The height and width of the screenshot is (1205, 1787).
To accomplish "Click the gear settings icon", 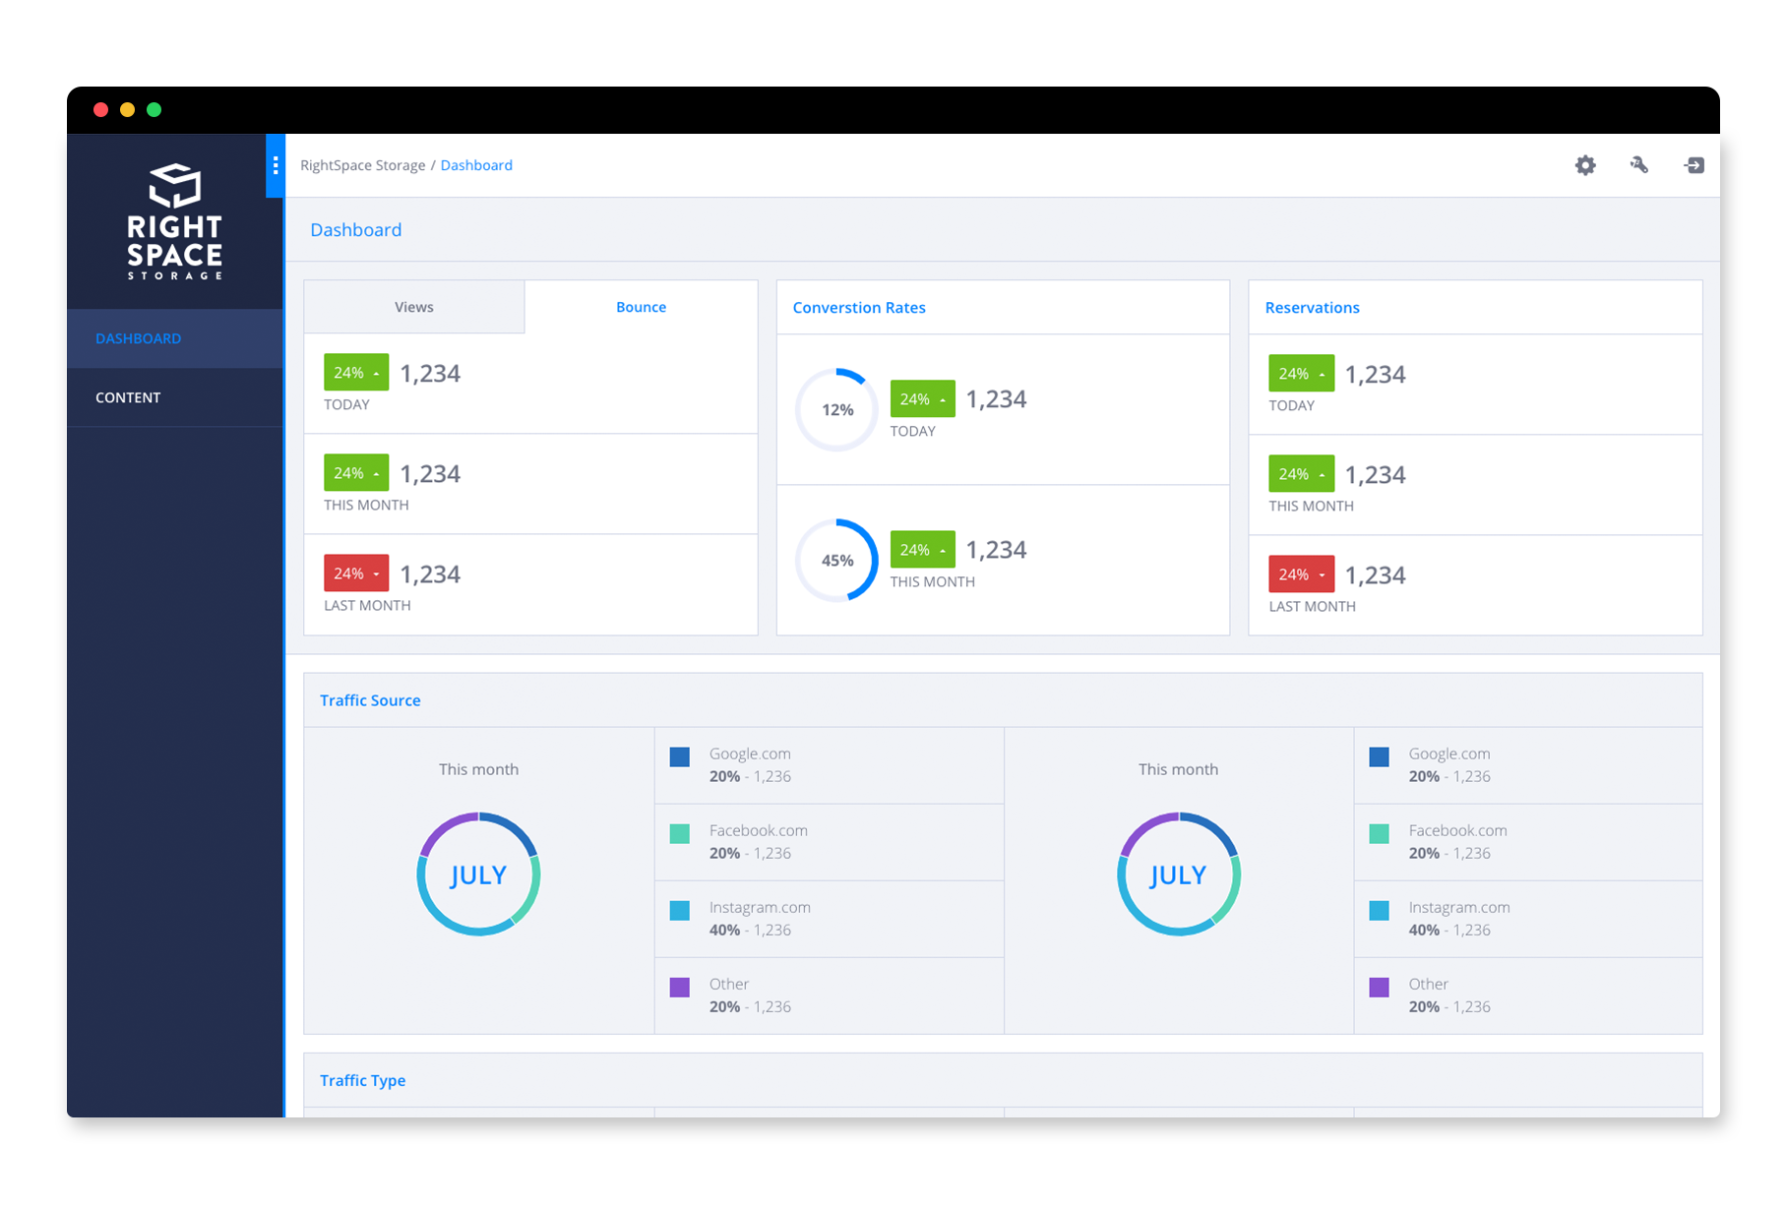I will [x=1584, y=165].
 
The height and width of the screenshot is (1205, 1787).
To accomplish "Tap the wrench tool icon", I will [x=1638, y=165].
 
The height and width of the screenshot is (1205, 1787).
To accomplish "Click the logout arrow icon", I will [x=1694, y=165].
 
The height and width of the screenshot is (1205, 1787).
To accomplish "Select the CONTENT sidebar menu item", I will [x=128, y=397].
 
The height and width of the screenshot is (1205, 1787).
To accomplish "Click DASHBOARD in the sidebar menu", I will [x=138, y=338].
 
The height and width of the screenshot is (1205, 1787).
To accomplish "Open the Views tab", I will [x=413, y=307].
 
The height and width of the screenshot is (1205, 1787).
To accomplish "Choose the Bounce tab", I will [x=641, y=307].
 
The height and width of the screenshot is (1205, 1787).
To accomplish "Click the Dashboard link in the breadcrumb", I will [x=476, y=165].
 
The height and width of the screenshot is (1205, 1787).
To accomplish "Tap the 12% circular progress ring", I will [x=836, y=409].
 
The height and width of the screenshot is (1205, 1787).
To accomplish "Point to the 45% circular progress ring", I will [x=836, y=560].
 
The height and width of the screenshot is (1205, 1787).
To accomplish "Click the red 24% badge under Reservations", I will [x=1301, y=574].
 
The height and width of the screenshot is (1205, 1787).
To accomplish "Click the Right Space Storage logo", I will [x=175, y=221].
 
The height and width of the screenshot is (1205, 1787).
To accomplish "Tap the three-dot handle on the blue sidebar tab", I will [x=276, y=165].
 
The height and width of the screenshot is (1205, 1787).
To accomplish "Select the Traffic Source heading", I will [x=370, y=700].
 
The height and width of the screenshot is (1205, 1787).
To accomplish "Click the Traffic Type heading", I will [x=362, y=1080].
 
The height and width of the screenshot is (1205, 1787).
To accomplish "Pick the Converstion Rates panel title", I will [x=859, y=308].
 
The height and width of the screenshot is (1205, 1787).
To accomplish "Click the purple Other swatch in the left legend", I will [x=679, y=987].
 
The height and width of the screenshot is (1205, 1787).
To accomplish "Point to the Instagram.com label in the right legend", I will [x=1458, y=907].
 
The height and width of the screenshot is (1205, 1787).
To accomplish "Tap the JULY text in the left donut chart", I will [x=478, y=874].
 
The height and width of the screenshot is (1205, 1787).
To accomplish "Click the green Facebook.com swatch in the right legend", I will [x=1379, y=833].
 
